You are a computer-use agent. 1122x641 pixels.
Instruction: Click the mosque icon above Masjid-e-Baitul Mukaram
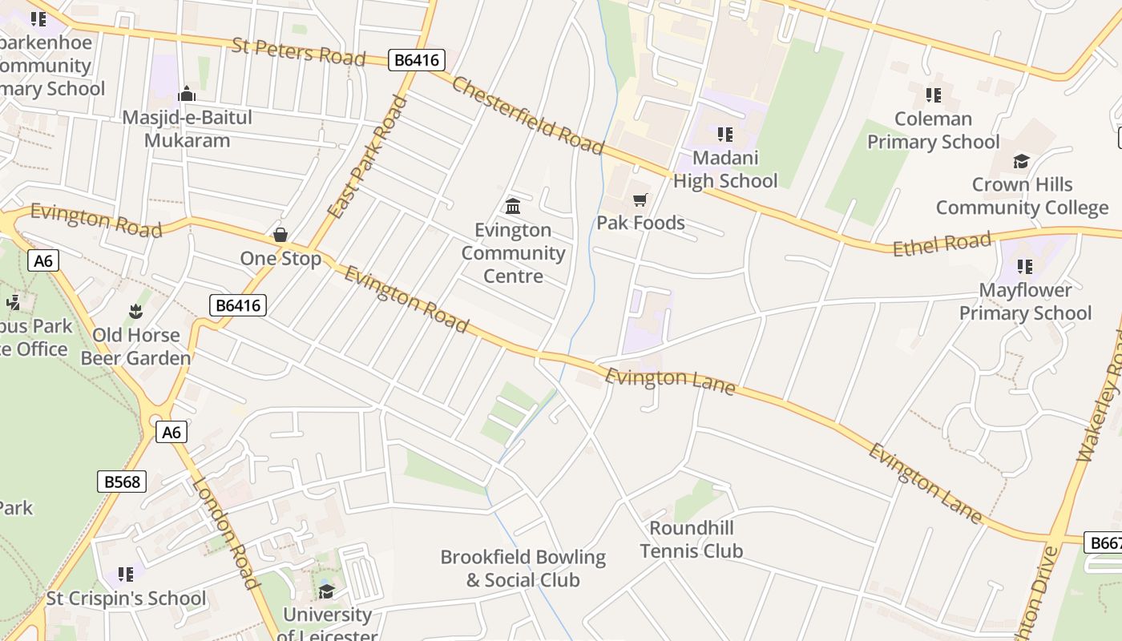[187, 94]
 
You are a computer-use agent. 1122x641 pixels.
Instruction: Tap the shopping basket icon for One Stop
[280, 235]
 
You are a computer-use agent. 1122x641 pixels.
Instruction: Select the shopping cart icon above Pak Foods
[640, 199]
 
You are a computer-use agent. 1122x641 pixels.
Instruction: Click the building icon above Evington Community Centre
[513, 206]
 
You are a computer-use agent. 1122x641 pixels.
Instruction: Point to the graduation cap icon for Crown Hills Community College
[1021, 162]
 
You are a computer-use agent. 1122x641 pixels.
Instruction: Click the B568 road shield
[123, 482]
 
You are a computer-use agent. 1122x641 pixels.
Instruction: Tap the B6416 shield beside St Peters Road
[417, 60]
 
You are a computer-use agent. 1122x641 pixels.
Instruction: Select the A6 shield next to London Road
[172, 433]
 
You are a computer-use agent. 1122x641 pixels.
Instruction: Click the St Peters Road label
[298, 51]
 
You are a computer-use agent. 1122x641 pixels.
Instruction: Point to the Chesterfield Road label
[527, 115]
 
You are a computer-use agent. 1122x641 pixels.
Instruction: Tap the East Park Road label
[368, 157]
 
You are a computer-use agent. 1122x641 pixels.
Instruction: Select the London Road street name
[225, 534]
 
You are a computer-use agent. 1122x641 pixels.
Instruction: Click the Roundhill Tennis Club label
[691, 539]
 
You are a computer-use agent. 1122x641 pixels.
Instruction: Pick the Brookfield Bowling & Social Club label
[523, 568]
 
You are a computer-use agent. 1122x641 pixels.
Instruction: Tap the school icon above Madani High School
[724, 134]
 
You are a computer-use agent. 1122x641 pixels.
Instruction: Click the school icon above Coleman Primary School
[933, 95]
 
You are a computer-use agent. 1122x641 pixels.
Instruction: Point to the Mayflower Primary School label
[1025, 301]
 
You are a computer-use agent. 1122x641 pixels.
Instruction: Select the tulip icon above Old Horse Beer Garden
[135, 311]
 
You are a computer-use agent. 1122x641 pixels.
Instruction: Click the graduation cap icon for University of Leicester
[326, 591]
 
